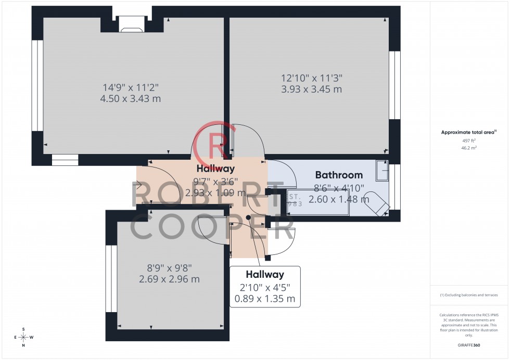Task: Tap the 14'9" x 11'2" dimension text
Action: click(x=131, y=87)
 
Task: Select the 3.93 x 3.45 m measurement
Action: click(x=312, y=89)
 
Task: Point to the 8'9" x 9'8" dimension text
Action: click(x=169, y=268)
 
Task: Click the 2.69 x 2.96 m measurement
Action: click(x=169, y=279)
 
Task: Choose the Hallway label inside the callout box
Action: click(x=265, y=275)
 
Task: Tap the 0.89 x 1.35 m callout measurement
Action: click(x=265, y=299)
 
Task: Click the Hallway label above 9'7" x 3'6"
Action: click(x=215, y=169)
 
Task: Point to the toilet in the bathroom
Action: click(x=377, y=202)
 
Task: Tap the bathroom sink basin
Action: click(x=382, y=171)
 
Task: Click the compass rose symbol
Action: click(x=23, y=337)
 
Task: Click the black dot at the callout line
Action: click(x=248, y=217)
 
